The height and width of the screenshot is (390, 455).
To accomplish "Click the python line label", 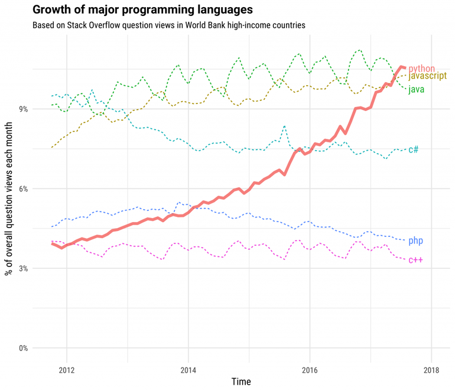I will [x=421, y=69].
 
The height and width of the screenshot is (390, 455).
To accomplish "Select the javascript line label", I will [x=427, y=76].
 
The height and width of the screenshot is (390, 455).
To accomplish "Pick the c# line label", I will [x=414, y=149].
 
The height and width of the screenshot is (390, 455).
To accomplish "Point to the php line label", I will [x=416, y=240].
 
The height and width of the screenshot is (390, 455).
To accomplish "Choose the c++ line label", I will [x=415, y=260].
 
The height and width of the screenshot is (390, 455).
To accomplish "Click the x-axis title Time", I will [x=240, y=382].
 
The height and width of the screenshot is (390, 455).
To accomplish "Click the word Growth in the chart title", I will [x=51, y=10].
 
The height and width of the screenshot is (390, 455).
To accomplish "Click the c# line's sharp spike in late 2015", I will [x=285, y=126].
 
